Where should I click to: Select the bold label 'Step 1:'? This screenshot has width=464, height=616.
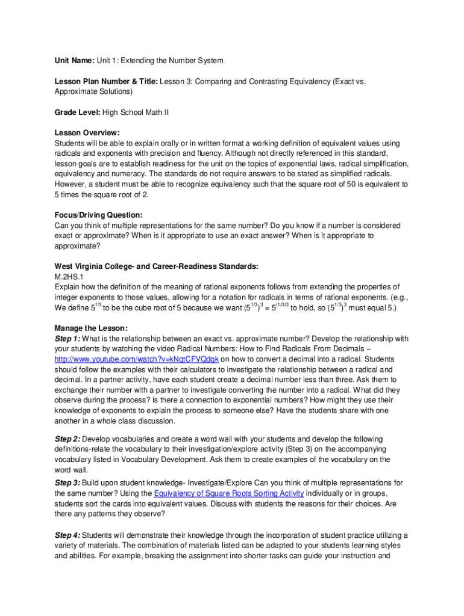[67, 339]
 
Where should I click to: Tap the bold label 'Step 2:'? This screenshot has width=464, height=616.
[67, 439]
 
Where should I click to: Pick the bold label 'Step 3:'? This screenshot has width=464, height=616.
[67, 483]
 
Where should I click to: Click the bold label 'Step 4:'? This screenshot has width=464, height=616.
[67, 535]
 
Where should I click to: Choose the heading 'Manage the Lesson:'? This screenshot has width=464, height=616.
[91, 328]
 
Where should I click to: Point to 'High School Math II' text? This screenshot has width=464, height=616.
[136, 112]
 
